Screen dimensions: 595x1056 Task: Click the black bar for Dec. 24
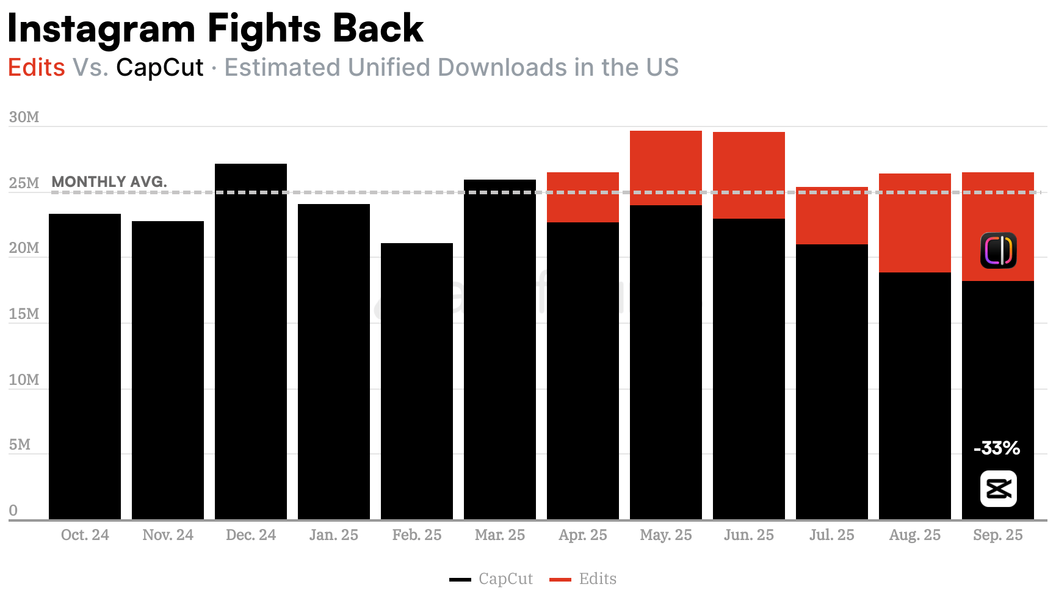[251, 341]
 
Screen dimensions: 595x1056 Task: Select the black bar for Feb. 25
[417, 381]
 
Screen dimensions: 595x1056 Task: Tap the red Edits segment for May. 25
[666, 168]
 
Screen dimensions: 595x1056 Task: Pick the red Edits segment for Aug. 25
[915, 223]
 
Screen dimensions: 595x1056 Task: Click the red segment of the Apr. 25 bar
[583, 197]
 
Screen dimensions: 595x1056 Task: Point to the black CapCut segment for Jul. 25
[832, 382]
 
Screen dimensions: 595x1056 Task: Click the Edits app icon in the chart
[998, 250]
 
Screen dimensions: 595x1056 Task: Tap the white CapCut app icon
[998, 489]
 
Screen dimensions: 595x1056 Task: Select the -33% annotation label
[997, 448]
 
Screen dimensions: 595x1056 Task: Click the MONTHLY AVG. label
[109, 181]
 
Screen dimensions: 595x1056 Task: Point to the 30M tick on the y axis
[24, 117]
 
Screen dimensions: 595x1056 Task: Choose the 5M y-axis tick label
[20, 444]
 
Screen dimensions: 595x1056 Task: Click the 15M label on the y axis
[24, 313]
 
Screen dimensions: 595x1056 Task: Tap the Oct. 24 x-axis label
[85, 535]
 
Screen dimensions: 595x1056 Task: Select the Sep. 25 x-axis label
[998, 535]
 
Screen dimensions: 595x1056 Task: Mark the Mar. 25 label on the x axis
[500, 535]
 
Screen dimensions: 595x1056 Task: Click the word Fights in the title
[264, 28]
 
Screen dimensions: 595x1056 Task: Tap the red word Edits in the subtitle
[37, 67]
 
